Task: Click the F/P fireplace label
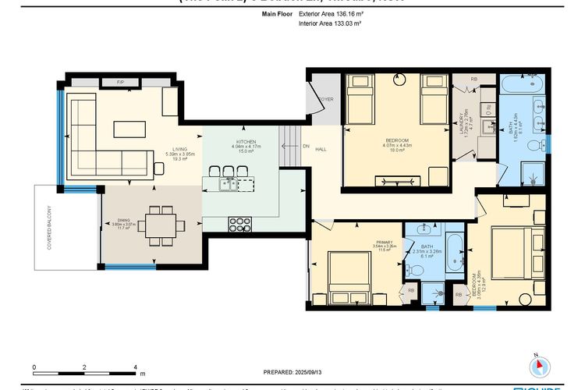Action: point(121,81)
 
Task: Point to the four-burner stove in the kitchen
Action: point(239,224)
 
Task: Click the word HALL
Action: point(321,146)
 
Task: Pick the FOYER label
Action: point(325,100)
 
